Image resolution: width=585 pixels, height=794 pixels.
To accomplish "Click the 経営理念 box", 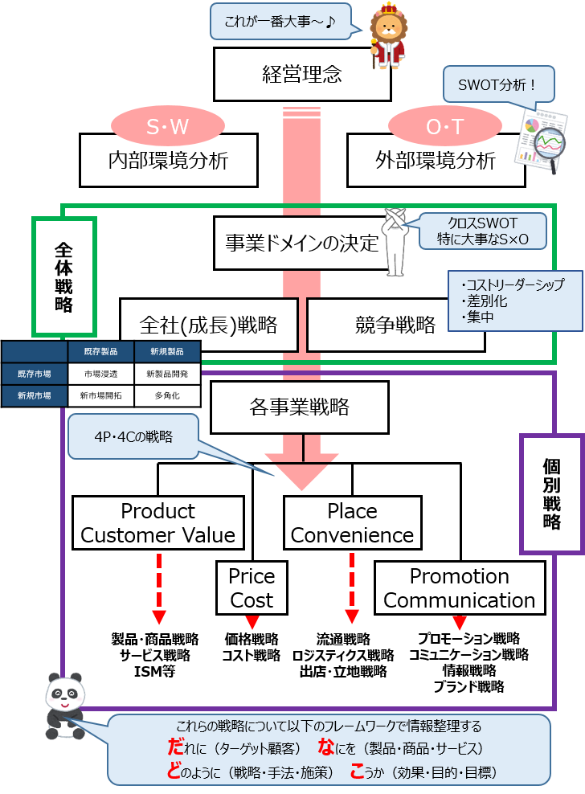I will (x=302, y=75).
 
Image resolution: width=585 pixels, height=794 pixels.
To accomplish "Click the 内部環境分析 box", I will (x=168, y=160).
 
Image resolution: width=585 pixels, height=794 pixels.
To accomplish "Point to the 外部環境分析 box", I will (x=435, y=160).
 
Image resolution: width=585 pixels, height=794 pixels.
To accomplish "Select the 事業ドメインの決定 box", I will (x=301, y=242).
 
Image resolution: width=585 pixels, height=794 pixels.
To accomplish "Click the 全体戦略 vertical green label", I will (x=63, y=276).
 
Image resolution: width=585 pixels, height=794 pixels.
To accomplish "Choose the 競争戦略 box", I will (x=395, y=325).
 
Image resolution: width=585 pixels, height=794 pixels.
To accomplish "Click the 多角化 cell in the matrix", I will (x=167, y=395).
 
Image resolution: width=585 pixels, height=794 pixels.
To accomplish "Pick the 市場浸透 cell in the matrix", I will (x=100, y=374).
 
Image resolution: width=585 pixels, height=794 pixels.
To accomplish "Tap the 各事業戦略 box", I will (x=300, y=407).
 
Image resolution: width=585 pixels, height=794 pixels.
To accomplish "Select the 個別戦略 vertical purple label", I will (x=551, y=493).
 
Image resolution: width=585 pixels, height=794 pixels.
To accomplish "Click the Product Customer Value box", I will (x=158, y=522).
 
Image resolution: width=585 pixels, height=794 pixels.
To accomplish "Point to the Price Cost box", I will (x=252, y=587).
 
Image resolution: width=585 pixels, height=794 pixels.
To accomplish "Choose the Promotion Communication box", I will (x=459, y=587).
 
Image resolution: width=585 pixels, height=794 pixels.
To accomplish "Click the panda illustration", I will (x=64, y=705).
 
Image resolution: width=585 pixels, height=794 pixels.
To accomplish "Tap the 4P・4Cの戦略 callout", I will (x=133, y=436).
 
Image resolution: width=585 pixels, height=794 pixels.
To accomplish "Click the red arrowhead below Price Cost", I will (x=252, y=622).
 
